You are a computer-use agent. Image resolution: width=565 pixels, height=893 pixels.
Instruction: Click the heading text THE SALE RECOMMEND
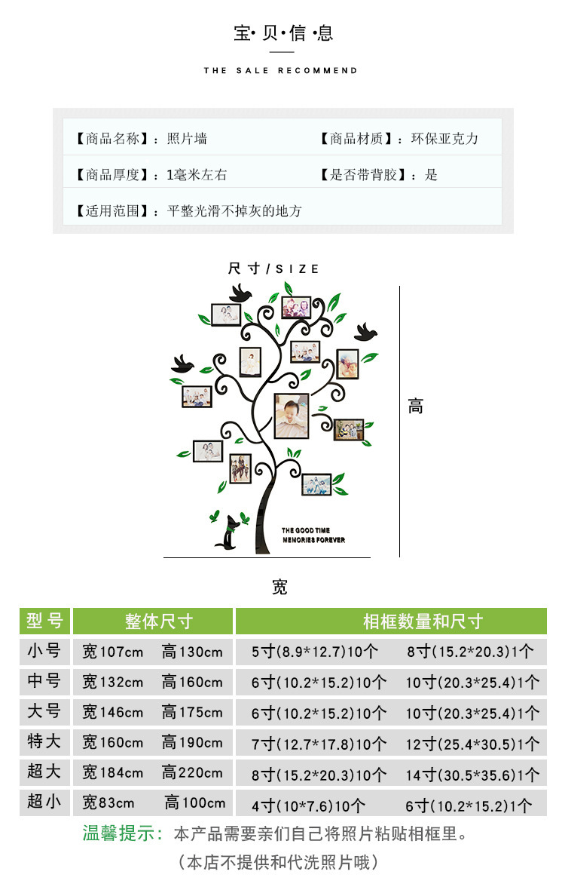280,71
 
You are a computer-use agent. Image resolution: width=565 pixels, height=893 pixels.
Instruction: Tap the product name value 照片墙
187,139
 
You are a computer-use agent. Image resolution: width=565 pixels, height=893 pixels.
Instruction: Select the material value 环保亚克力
444,139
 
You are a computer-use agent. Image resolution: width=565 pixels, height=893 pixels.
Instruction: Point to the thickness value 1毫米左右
197,175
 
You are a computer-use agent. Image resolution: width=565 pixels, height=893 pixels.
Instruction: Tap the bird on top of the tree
240,293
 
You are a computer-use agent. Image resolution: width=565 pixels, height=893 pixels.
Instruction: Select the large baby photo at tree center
291,416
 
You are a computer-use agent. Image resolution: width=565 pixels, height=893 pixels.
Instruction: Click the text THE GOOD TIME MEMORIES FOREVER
313,535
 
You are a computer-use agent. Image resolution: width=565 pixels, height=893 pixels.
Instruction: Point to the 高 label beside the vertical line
416,407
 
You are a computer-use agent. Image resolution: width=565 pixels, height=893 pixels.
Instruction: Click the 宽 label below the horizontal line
280,588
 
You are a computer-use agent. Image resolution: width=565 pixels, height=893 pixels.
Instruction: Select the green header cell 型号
45,621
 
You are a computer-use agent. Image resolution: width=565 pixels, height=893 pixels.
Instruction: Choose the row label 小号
44,651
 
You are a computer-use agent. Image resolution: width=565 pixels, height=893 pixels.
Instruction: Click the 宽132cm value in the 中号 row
112,682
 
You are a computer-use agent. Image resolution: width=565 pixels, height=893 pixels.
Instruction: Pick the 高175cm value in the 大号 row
192,712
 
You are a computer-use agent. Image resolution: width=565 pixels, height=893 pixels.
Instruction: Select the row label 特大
44,741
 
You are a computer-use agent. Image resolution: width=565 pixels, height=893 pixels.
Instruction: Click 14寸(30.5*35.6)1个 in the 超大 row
472,775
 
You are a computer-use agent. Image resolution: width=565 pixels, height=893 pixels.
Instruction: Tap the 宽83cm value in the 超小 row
108,802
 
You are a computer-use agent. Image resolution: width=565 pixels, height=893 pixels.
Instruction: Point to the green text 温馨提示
123,834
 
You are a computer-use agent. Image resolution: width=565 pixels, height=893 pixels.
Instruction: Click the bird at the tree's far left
183,365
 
